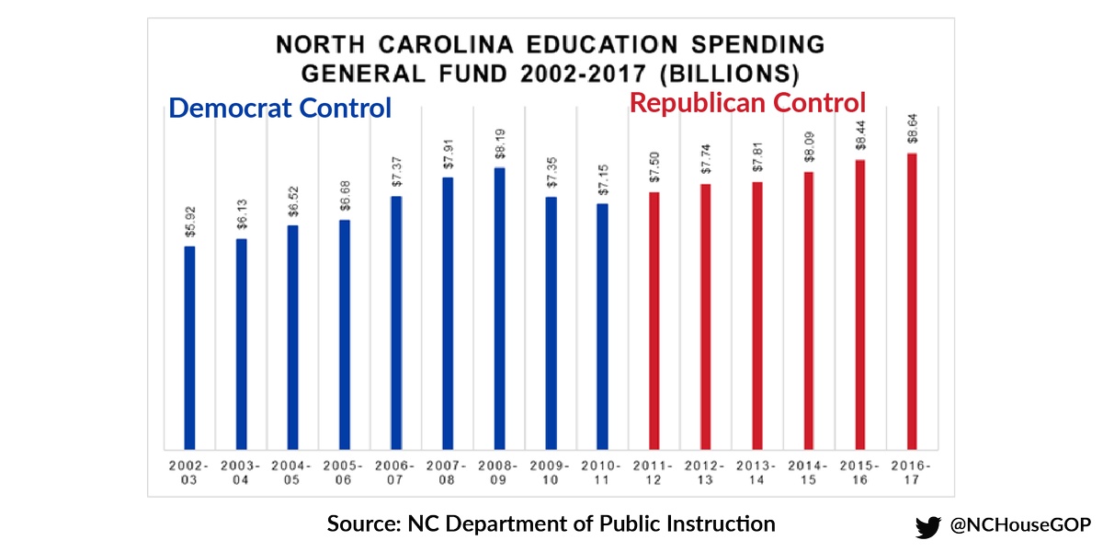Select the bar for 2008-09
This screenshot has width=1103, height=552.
tap(499, 309)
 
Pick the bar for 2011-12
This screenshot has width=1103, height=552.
tap(654, 321)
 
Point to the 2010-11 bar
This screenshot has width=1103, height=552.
tap(602, 327)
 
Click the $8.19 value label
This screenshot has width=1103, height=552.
tap(499, 145)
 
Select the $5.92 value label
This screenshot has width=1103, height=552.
tap(189, 224)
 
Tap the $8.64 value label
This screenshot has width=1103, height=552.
tap(912, 131)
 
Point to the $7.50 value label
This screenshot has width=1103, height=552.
tap(654, 169)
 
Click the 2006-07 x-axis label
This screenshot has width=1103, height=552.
tap(396, 472)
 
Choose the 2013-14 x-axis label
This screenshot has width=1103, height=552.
tap(757, 472)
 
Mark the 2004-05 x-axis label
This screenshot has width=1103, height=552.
tap(292, 472)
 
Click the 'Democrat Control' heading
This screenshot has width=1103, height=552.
tap(280, 108)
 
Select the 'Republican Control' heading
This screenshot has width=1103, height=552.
tap(747, 101)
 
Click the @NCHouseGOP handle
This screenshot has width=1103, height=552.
tap(1019, 525)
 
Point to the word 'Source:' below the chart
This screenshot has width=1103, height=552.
tap(361, 524)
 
